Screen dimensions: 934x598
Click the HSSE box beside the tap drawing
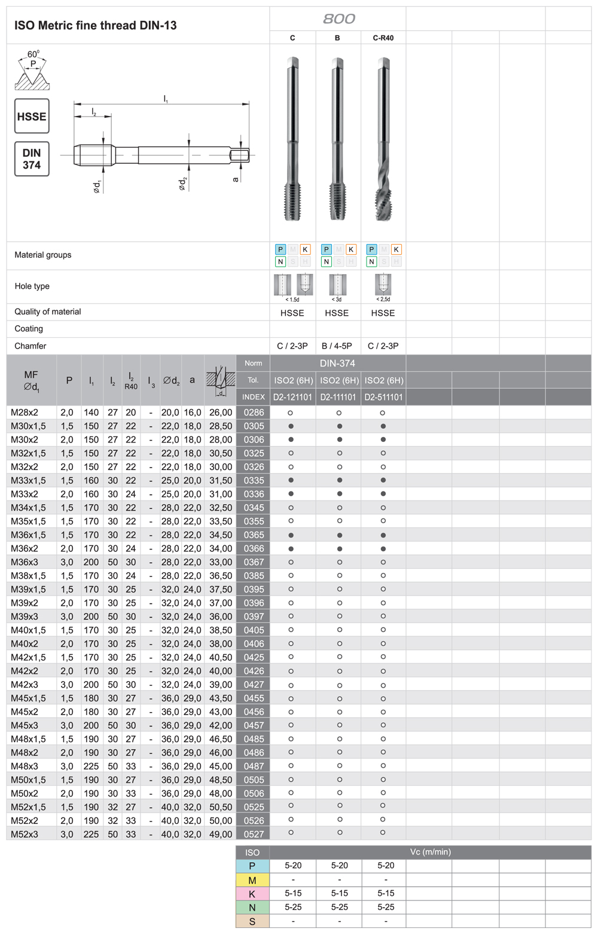tap(32, 116)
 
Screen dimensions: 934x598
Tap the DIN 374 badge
tap(32, 159)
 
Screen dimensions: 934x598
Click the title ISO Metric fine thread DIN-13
tap(96, 26)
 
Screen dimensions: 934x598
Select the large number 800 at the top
tap(338, 19)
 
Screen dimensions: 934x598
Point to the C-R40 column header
tap(383, 38)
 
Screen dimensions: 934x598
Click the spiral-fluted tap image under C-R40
tap(383, 140)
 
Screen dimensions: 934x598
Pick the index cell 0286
tap(254, 413)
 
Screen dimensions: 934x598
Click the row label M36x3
tap(25, 562)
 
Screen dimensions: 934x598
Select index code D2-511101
tap(383, 397)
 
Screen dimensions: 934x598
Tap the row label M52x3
tap(25, 834)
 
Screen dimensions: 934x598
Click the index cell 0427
tap(254, 685)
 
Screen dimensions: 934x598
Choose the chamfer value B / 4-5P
tap(337, 346)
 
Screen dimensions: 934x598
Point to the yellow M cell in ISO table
tap(252, 880)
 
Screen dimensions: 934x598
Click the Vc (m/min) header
tap(431, 851)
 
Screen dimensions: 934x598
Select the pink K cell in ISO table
tap(252, 894)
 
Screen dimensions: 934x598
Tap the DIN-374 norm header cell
tap(337, 363)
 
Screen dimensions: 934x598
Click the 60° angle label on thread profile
tap(33, 54)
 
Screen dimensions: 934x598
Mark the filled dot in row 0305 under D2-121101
tap(291, 426)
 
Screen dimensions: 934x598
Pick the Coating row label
tap(29, 329)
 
